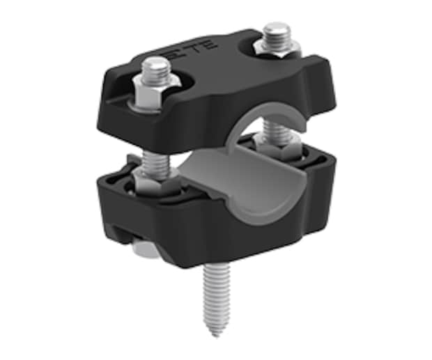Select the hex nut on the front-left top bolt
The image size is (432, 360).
[x=155, y=92]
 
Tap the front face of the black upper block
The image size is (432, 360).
[x=181, y=122]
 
